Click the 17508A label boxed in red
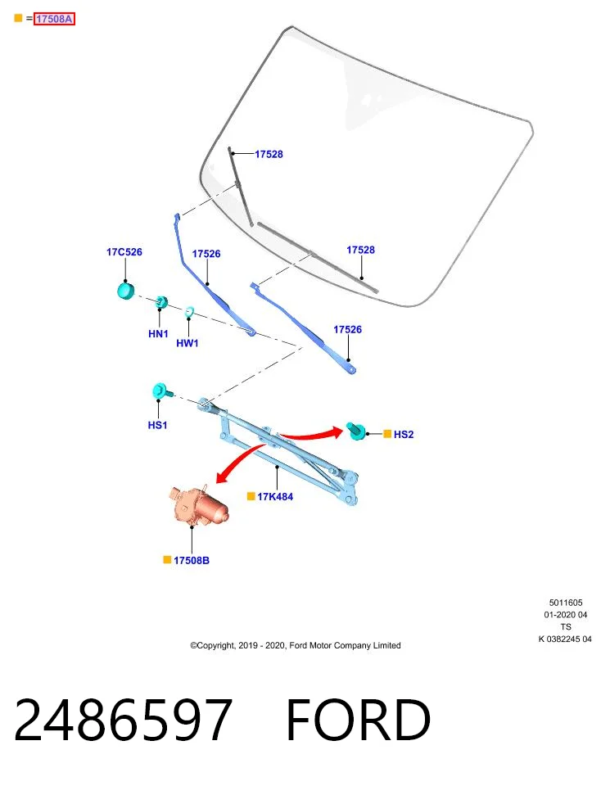tap(54, 19)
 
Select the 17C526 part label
tap(124, 251)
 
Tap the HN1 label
tap(158, 334)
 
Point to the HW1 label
tap(188, 343)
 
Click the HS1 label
tap(157, 425)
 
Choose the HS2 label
tap(404, 434)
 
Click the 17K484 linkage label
tap(275, 497)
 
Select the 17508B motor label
tap(192, 560)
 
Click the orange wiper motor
tap(198, 505)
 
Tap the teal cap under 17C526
tap(126, 291)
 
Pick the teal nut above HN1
tap(161, 302)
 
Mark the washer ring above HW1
tap(189, 312)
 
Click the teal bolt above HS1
tap(161, 391)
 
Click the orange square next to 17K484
tap(251, 496)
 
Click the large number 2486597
tap(124, 720)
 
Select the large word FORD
tap(358, 720)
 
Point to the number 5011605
tap(566, 603)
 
